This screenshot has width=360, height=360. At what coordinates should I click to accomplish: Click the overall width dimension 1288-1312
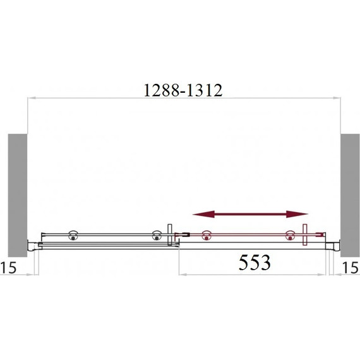[x=183, y=90]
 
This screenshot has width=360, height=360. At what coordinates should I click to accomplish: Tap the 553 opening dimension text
[x=255, y=262]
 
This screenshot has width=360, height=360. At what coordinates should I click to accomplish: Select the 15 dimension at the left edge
[x=8, y=268]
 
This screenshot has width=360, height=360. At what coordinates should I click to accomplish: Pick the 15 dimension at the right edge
[x=351, y=268]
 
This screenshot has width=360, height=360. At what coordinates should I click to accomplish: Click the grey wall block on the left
[x=18, y=195]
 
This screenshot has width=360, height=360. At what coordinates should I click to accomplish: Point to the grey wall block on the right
[x=350, y=195]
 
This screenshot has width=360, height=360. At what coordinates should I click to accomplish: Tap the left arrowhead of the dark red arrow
[x=203, y=214]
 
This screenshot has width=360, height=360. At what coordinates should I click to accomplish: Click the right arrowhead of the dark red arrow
[x=297, y=214]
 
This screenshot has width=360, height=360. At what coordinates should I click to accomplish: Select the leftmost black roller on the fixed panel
[x=73, y=236]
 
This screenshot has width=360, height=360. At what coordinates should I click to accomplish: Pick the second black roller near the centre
[x=157, y=236]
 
